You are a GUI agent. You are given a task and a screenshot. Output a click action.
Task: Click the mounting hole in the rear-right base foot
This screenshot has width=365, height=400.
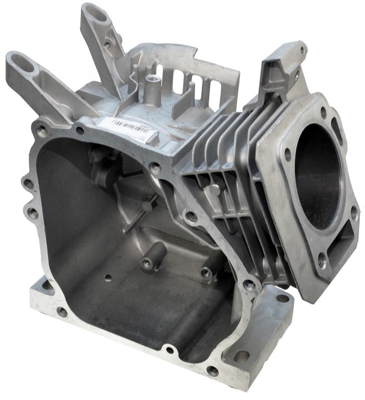tap(282, 299)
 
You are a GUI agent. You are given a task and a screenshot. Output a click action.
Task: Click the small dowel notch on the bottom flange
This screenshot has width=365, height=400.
tap(170, 350)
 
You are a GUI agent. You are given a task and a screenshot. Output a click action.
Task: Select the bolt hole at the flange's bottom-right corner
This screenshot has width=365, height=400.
tap(212, 370)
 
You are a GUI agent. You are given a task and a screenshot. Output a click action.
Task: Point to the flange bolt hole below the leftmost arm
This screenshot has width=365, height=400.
tap(42, 132)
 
